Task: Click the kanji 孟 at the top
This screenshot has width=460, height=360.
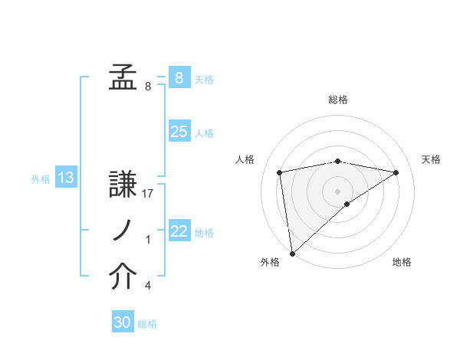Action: click(123, 78)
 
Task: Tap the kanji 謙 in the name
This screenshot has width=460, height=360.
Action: click(123, 184)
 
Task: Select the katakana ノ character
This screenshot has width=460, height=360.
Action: click(123, 231)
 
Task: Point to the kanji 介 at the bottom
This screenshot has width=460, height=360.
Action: click(123, 277)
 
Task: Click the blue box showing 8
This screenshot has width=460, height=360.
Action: click(179, 78)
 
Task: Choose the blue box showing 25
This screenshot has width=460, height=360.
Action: click(179, 132)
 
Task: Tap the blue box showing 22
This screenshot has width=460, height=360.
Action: click(179, 231)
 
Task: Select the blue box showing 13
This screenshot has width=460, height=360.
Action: click(65, 178)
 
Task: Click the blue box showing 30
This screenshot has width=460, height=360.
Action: click(123, 322)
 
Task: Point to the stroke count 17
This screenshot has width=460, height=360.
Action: click(149, 193)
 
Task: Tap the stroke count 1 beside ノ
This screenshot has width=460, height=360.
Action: click(147, 240)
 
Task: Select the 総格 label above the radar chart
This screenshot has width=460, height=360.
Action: click(338, 100)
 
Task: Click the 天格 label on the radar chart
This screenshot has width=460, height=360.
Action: click(431, 159)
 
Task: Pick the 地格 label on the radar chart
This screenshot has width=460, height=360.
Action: click(402, 262)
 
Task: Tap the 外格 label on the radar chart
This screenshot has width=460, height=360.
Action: click(270, 262)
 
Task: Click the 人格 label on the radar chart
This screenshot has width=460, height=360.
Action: click(245, 159)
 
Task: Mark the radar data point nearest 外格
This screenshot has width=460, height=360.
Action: click(292, 252)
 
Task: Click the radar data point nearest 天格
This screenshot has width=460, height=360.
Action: click(396, 172)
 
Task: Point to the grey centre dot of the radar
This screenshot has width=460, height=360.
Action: click(337, 191)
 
